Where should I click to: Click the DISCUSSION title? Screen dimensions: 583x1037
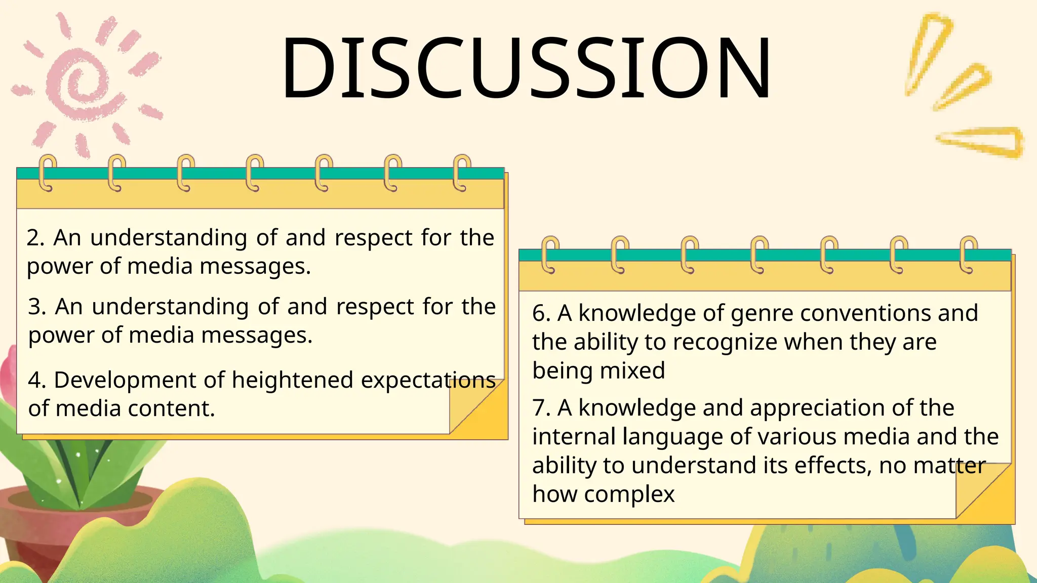coord(526,68)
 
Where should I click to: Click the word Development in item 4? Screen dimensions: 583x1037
coord(139,380)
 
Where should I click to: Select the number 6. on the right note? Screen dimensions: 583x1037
coord(541,313)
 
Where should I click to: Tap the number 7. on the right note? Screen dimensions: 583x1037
coord(541,408)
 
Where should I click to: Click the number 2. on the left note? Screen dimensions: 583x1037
coord(35,238)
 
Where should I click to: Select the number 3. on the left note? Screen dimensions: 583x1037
coord(37,307)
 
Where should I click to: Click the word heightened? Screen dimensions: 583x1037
coord(292,380)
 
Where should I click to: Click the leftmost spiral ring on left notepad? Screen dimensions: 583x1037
coord(48,173)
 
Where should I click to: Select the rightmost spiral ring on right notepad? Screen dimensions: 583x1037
coord(968,255)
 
